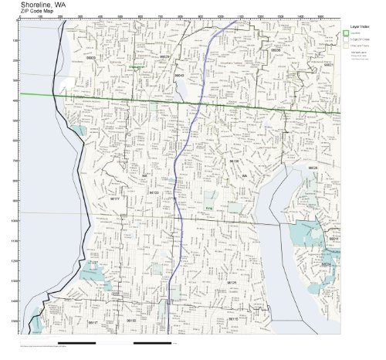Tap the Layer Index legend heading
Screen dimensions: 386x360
356,24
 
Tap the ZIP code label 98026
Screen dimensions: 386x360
164,56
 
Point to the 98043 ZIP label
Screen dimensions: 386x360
180,76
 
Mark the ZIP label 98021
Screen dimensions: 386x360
328,65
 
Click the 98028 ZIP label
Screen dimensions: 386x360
313,168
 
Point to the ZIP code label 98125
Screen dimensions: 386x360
231,283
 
